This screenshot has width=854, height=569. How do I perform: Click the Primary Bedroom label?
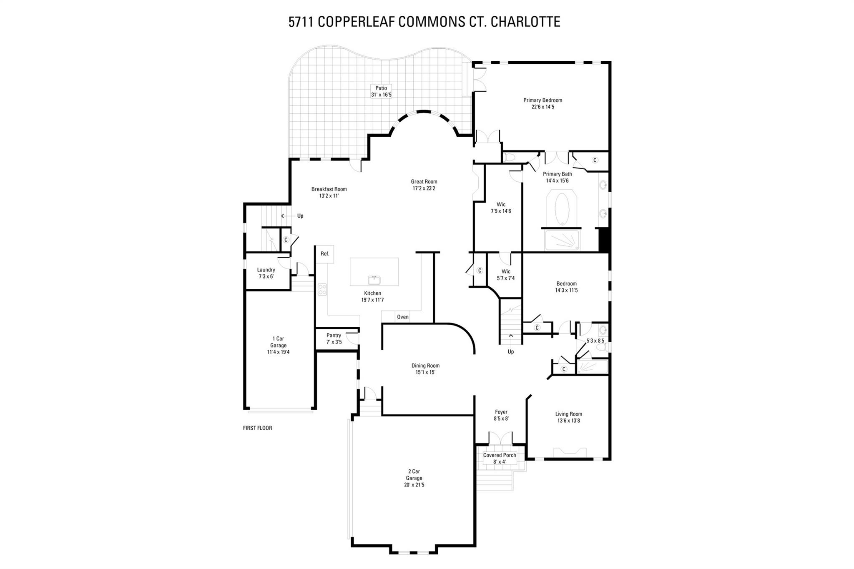pos(543,100)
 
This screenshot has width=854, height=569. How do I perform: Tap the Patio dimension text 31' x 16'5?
pos(381,95)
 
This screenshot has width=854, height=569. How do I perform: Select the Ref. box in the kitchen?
pos(325,254)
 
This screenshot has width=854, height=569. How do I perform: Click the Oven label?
pos(402,317)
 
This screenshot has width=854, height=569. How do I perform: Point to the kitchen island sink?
pos(374,279)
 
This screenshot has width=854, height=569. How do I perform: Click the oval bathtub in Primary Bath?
pos(561,209)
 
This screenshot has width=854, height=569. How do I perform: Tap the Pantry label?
pos(334,335)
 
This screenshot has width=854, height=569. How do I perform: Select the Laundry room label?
pos(266,270)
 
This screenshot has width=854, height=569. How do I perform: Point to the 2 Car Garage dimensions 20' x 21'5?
pos(414,485)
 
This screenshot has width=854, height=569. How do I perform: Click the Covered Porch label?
pos(500,455)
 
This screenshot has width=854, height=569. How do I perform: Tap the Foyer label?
pos(501,412)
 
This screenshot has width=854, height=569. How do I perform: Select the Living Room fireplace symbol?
pos(570,452)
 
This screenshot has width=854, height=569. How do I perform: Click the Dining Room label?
pos(425,366)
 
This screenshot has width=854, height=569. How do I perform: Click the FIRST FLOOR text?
pos(257,428)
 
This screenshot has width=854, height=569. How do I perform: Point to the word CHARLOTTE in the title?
pos(525,22)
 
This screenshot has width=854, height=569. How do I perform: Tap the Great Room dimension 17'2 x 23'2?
pos(424,188)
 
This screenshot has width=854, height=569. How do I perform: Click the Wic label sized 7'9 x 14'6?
pos(501,204)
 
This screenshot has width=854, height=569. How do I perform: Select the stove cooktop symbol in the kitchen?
pos(322,289)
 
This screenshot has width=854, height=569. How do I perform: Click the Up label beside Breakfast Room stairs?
pos(300,216)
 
